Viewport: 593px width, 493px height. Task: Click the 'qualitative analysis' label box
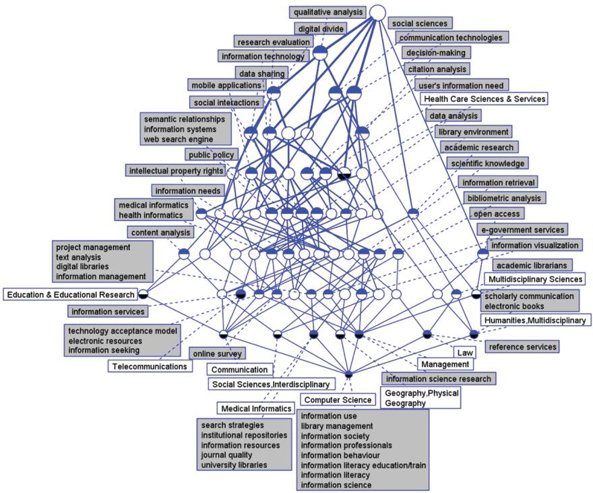point(328,12)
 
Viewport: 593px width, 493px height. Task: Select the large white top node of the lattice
point(377,13)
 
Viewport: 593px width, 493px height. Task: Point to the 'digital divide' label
point(320,29)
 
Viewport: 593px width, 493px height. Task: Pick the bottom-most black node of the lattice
point(348,374)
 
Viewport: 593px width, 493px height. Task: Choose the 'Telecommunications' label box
point(150,366)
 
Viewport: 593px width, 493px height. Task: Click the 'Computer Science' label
point(338,400)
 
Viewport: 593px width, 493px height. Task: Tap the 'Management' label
point(445,365)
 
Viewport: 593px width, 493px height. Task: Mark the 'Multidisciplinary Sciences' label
point(534,279)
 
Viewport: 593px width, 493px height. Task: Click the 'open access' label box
point(497,214)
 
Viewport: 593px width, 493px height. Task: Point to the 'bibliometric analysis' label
point(503,198)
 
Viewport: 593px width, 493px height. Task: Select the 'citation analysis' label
point(436,69)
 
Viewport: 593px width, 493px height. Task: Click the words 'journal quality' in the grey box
point(226,455)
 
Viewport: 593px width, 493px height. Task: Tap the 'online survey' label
point(216,353)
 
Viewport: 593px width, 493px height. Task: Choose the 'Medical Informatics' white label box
point(256,409)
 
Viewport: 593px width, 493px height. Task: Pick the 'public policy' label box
point(211,155)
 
